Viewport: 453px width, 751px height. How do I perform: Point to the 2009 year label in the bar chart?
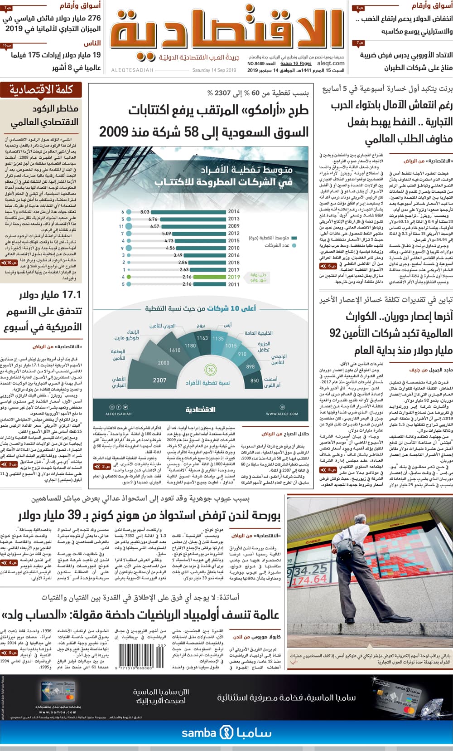234,226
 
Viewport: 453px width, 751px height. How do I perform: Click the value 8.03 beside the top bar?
145,212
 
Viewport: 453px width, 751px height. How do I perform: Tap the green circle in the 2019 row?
129,277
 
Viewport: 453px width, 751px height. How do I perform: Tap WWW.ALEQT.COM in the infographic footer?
282,414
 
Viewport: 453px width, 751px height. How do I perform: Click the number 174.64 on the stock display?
310,580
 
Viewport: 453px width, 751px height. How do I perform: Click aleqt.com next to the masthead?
331,63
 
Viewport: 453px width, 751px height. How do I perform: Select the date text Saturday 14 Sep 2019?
214,70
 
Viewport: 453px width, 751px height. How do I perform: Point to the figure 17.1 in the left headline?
72,295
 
